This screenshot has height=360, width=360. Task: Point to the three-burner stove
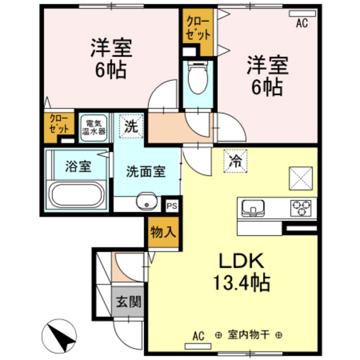(x=301, y=207)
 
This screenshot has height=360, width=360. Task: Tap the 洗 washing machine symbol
(x=131, y=126)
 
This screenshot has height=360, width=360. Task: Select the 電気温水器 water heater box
(x=93, y=126)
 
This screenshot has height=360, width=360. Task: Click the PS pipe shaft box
(x=172, y=206)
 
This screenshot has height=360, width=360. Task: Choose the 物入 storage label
(x=162, y=232)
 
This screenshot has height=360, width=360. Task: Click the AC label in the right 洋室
(x=302, y=23)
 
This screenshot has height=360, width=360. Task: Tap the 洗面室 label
(x=146, y=172)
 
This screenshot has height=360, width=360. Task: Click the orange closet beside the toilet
(x=197, y=32)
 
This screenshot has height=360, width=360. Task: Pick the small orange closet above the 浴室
(x=59, y=125)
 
